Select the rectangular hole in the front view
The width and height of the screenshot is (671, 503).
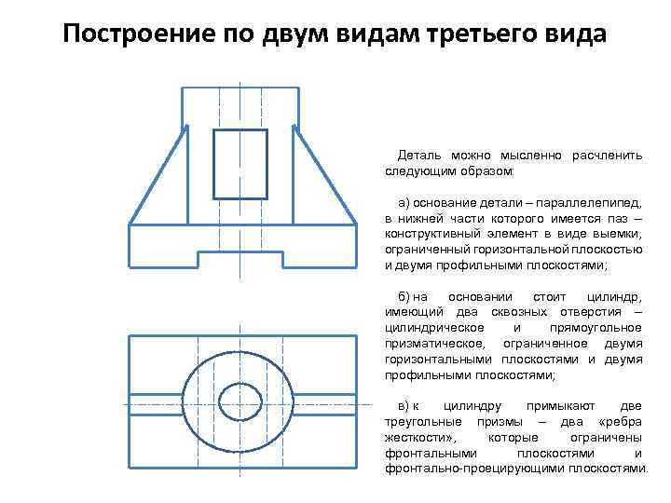[240, 161]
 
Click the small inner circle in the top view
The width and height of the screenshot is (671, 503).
[240, 403]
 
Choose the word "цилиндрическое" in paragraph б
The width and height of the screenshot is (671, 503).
[433, 328]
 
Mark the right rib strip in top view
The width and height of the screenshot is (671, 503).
[327, 404]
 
